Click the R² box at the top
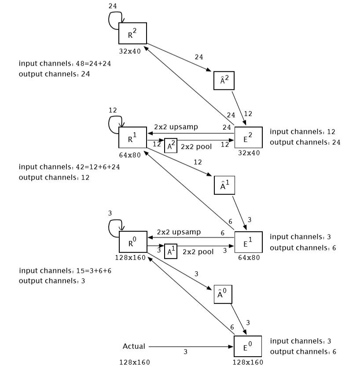(x=132, y=33)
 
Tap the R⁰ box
(x=132, y=242)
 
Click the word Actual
(x=134, y=346)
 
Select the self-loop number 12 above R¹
(x=113, y=110)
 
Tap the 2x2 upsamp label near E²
(x=176, y=127)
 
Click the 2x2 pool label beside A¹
(x=198, y=252)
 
